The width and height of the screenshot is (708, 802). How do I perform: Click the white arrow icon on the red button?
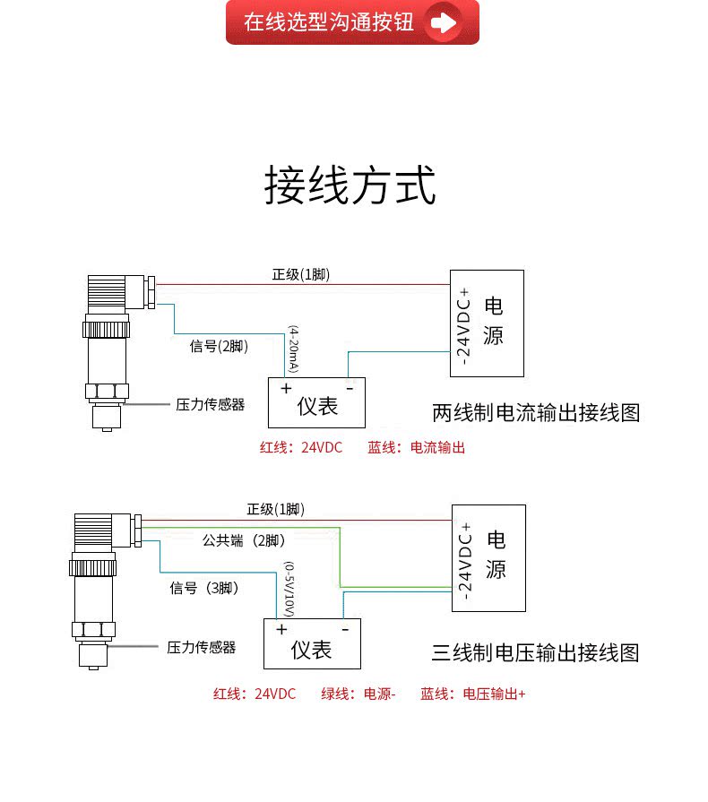tap(443, 22)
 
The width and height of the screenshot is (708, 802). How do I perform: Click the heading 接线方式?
tap(350, 185)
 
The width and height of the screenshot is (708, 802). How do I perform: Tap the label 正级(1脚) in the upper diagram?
tap(301, 275)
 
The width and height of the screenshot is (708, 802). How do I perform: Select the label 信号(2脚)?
tap(219, 346)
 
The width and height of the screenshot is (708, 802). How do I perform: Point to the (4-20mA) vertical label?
tap(293, 349)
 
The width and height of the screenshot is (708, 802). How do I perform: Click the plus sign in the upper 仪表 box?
tap(286, 388)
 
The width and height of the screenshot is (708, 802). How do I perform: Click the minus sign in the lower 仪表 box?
tap(345, 630)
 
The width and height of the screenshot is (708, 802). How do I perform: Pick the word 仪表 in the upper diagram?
tap(317, 407)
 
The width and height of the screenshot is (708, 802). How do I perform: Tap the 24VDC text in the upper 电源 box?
tap(463, 326)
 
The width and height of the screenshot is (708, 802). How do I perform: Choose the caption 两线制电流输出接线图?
tap(536, 413)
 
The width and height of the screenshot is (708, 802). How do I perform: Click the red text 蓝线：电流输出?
tap(417, 447)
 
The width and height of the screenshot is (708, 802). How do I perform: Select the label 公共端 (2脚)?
tap(244, 540)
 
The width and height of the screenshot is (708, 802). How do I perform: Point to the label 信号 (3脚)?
tap(204, 588)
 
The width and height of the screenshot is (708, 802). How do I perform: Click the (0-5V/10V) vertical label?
tap(289, 590)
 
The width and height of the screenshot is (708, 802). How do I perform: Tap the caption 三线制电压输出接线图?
tap(536, 653)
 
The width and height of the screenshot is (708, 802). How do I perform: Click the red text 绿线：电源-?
tap(358, 694)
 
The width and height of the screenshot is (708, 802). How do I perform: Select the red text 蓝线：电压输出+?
tap(472, 694)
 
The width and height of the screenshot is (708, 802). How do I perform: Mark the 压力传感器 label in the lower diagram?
tap(202, 648)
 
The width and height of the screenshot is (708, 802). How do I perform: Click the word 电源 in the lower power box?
tap(496, 555)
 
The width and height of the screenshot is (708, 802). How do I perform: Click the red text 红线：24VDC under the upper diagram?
tap(301, 447)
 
